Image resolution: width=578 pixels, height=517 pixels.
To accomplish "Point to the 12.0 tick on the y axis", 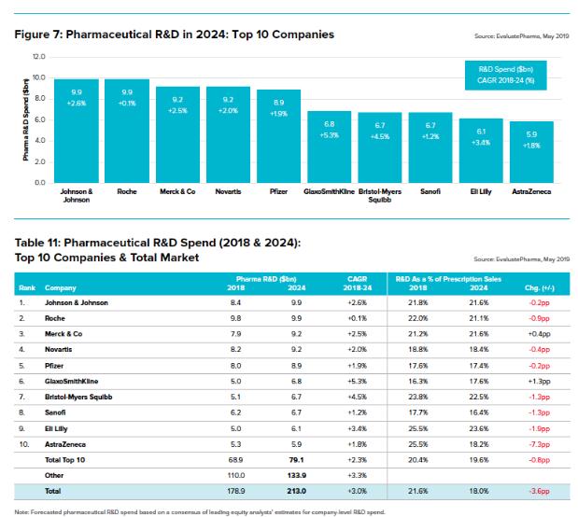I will [x=39, y=58].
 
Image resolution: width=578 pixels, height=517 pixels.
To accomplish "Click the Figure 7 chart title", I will [x=175, y=35].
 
